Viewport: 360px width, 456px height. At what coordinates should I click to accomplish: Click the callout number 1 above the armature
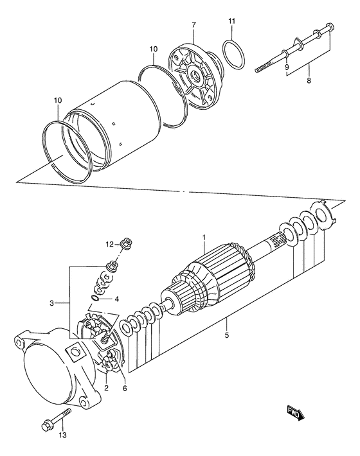[204, 238]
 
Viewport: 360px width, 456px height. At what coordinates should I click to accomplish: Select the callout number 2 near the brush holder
[106, 387]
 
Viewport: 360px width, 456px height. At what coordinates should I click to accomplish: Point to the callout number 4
[117, 298]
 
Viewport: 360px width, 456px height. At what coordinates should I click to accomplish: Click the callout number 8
[309, 82]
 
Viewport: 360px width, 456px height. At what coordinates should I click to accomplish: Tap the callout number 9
[287, 67]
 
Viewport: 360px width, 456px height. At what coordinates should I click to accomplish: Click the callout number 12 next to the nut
[109, 243]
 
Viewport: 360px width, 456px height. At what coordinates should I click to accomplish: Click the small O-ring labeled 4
[96, 299]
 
